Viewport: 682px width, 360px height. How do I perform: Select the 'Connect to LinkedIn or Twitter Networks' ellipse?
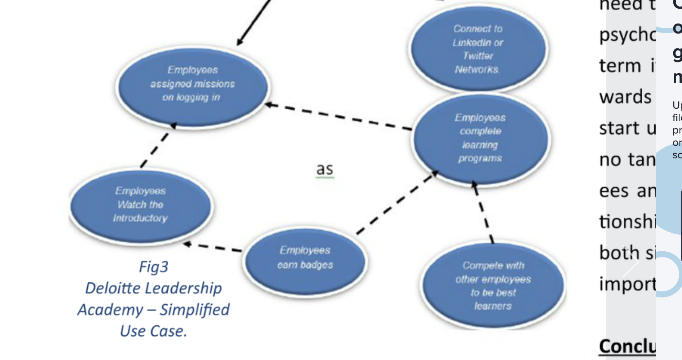click(478, 49)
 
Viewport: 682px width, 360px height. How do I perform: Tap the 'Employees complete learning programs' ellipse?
click(481, 138)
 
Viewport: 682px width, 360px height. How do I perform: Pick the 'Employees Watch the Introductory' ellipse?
click(141, 205)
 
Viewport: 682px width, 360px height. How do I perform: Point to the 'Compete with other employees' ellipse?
click(493, 286)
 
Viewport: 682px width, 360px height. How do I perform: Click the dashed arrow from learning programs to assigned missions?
click(339, 117)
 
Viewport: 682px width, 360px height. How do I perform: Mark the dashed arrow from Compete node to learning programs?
click(483, 212)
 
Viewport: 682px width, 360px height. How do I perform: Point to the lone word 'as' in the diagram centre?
click(325, 169)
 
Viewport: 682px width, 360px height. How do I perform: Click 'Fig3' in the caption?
click(153, 267)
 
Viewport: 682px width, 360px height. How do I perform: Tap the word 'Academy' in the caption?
click(110, 310)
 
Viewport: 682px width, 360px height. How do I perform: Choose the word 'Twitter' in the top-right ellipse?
click(478, 56)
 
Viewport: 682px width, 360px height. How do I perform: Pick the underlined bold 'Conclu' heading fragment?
click(627, 346)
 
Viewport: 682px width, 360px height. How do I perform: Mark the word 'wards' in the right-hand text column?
click(625, 97)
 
